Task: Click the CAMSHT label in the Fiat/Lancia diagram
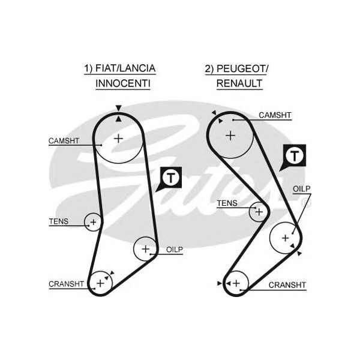point(63,142)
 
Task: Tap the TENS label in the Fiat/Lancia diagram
point(58,221)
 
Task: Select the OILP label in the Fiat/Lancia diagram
point(174,248)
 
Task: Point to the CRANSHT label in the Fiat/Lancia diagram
point(65,284)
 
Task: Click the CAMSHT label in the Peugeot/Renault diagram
point(275,115)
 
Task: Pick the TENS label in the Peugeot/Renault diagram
point(227,203)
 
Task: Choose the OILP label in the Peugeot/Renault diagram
point(301,188)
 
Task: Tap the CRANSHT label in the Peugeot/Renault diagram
point(287,284)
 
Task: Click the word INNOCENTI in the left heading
point(123,83)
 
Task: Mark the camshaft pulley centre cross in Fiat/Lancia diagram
point(118,138)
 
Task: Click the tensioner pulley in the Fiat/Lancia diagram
point(92,223)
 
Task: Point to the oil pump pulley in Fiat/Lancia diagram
point(145,248)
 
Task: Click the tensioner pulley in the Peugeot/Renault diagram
point(259,211)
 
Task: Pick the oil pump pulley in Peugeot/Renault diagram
point(284,238)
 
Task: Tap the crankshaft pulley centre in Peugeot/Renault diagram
point(236,282)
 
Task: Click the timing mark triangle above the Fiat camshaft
point(119,108)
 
